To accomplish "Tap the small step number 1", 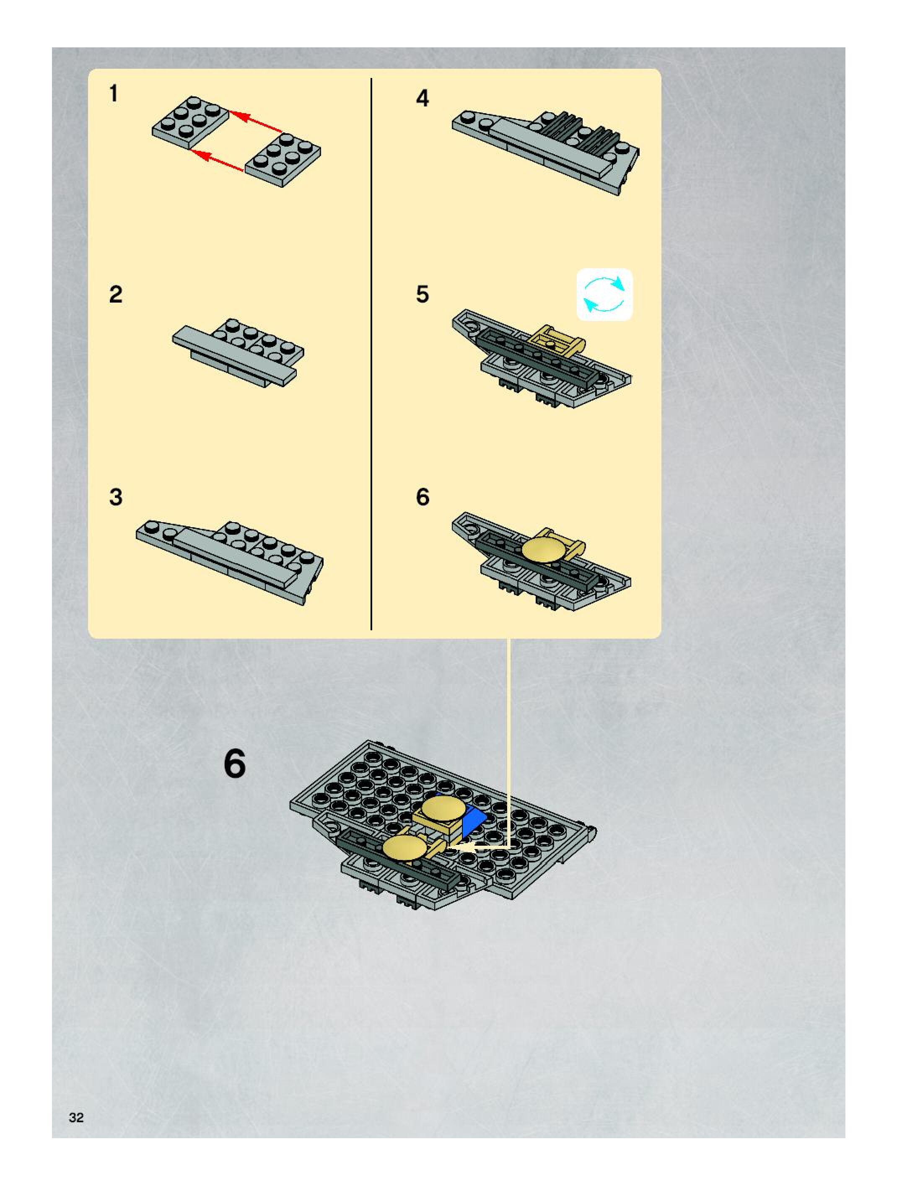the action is coord(114,94).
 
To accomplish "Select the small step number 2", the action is coord(116,295).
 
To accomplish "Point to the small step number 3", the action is coord(116,497).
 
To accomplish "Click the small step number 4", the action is coord(423,98).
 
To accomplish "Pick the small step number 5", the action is coord(423,295).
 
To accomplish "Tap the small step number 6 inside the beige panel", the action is coord(423,497).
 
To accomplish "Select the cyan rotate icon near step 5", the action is coord(605,295).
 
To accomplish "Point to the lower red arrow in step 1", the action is coord(218,161).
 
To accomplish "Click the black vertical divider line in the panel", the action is coord(371,354).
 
